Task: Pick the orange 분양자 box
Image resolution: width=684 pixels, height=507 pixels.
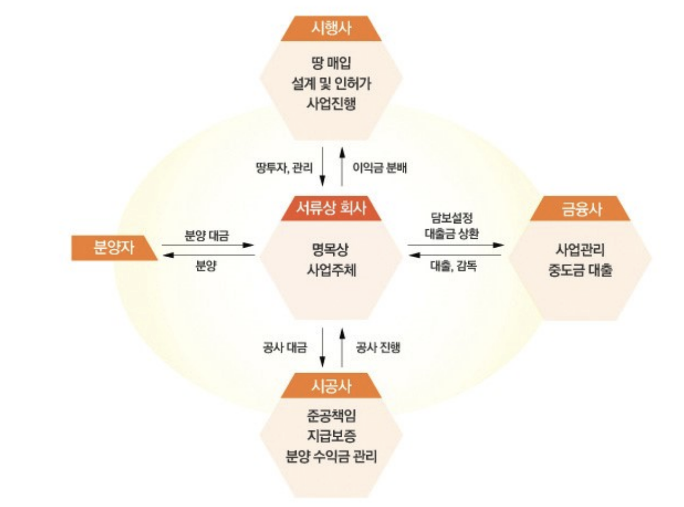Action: coord(113,248)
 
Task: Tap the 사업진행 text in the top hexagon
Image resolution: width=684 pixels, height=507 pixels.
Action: coord(331,104)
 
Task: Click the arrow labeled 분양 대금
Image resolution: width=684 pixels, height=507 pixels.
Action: coord(207,245)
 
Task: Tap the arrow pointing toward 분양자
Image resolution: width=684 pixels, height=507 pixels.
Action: coord(207,255)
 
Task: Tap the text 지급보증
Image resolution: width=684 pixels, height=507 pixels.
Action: coord(331,436)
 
